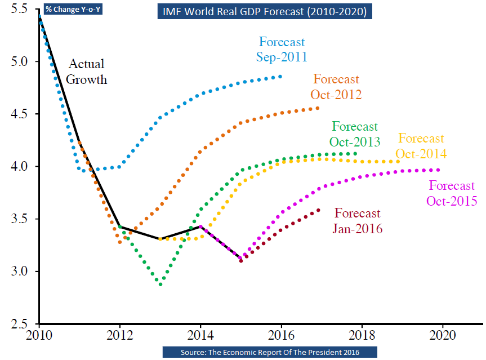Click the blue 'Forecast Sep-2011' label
pyautogui.click(x=282, y=49)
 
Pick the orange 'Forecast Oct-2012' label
pyautogui.click(x=336, y=87)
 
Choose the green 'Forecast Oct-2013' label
pyautogui.click(x=355, y=134)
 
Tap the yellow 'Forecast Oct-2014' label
pyautogui.click(x=421, y=146)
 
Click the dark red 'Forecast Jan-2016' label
pyautogui.click(x=358, y=221)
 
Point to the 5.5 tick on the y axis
pyautogui.click(x=19, y=10)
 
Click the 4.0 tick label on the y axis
pyautogui.click(x=19, y=167)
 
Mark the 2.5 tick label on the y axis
pyautogui.click(x=19, y=324)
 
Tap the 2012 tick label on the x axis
pyautogui.click(x=119, y=335)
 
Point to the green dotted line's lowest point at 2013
pyautogui.click(x=160, y=285)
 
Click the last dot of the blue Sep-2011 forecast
pyautogui.click(x=280, y=77)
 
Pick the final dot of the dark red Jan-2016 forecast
pyautogui.click(x=319, y=210)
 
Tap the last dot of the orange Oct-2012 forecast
pyautogui.click(x=318, y=108)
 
